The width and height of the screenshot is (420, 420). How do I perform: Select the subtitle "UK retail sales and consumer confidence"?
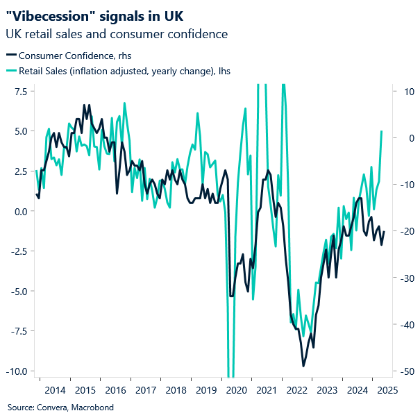pos(117,34)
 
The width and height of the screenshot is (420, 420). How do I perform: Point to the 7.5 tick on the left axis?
pos(20,92)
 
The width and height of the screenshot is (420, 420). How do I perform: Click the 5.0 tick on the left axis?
pos(20,131)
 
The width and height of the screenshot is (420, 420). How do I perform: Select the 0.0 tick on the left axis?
pos(20,211)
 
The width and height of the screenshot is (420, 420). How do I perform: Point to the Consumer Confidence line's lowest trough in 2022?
pos(303,366)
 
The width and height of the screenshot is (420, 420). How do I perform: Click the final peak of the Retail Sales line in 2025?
pos(382,131)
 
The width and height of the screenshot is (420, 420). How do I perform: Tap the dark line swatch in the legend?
pos(11,56)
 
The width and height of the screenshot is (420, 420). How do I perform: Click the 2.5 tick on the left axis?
pos(20,171)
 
